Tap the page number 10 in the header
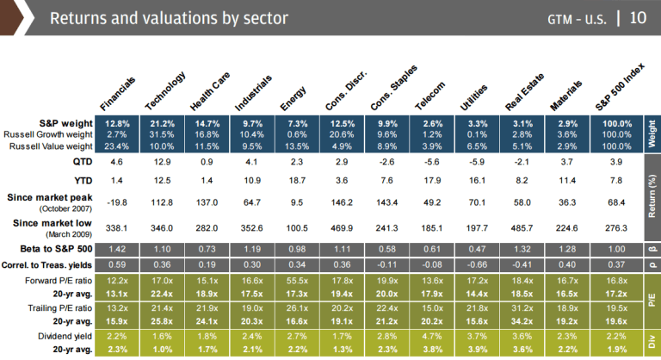(x=638, y=17)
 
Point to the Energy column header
(x=291, y=96)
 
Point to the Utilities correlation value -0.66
(x=473, y=265)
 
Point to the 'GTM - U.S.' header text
(x=578, y=18)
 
